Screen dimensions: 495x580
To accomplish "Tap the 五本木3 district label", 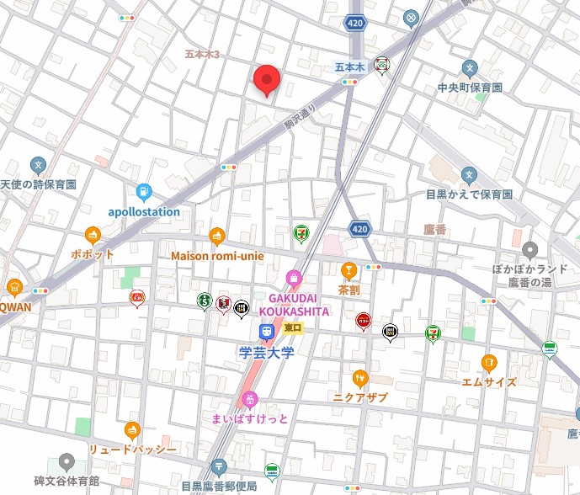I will click(x=202, y=55).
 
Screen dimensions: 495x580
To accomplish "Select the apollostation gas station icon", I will click(x=143, y=193).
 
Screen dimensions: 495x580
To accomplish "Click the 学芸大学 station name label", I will click(x=264, y=352).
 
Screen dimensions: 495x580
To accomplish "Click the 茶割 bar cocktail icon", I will click(x=349, y=269).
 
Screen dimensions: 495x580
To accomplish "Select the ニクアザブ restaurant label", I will click(x=360, y=397).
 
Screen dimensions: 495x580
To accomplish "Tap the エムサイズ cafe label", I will click(x=488, y=381).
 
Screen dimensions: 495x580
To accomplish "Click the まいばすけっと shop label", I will click(x=249, y=418).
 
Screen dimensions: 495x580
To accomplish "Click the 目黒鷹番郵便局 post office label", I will click(x=220, y=485).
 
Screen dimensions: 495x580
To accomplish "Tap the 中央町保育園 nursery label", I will click(x=469, y=88).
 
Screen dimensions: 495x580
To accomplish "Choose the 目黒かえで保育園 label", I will click(x=469, y=194).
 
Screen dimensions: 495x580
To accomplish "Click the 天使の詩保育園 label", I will click(x=38, y=184).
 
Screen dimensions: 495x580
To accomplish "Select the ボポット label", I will click(x=93, y=253).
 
